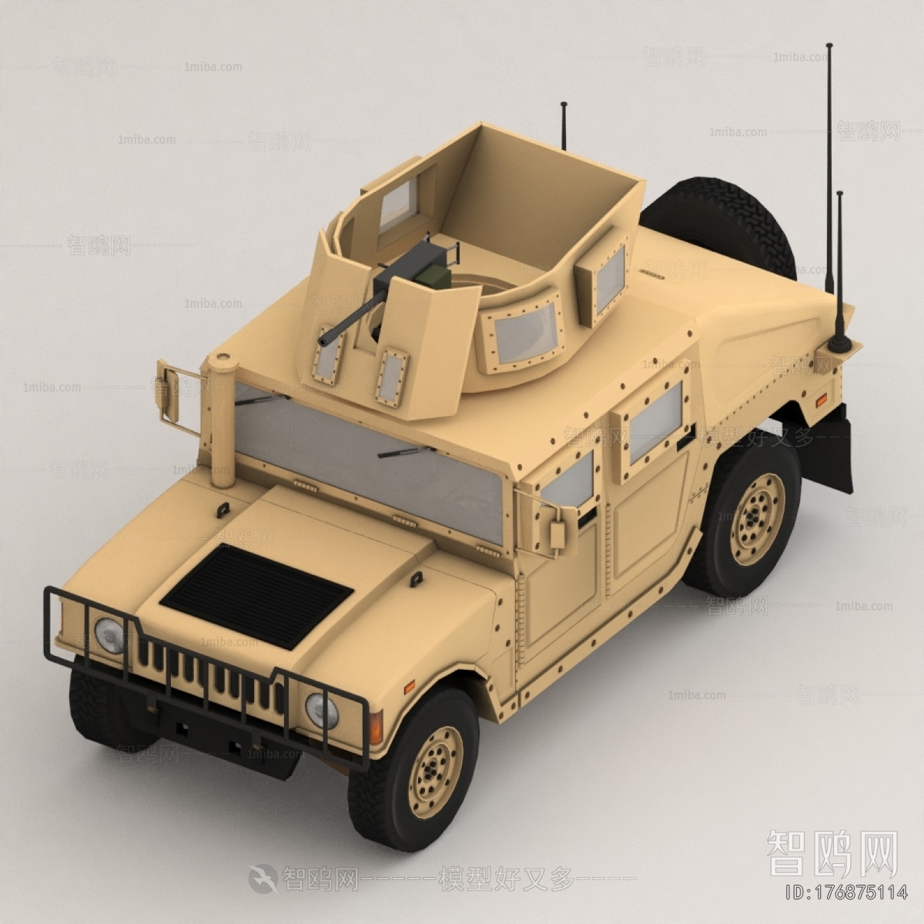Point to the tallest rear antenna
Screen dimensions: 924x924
[x=829, y=154]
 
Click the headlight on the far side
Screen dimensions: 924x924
[x=109, y=635]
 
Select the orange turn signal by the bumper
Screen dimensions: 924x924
[x=376, y=726]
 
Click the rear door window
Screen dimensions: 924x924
[x=657, y=423]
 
